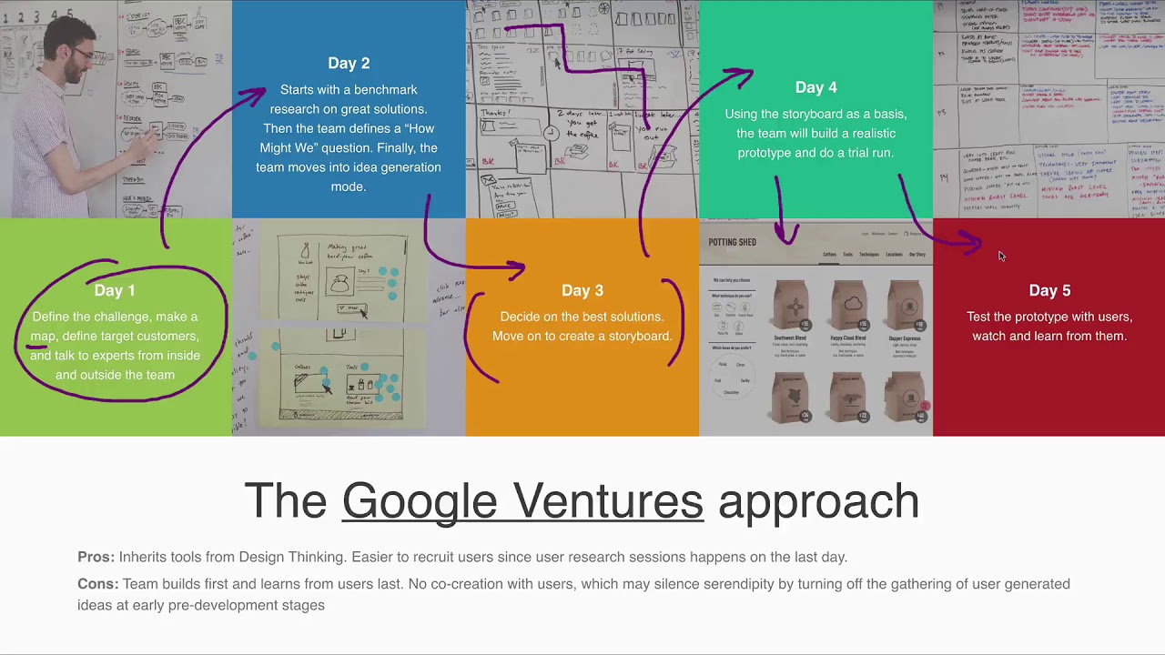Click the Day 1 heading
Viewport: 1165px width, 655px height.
point(115,290)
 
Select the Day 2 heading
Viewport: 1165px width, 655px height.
point(349,63)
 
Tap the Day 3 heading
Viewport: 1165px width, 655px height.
point(582,290)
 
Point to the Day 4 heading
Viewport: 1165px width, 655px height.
point(815,87)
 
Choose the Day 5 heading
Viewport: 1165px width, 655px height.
point(1049,290)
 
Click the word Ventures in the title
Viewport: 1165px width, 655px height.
point(608,501)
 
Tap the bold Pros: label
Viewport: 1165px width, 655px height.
point(96,557)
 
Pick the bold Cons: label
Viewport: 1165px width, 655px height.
point(97,584)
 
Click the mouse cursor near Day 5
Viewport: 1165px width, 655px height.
point(1000,256)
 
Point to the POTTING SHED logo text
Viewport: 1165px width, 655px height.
point(732,242)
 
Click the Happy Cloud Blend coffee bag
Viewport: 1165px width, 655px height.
point(848,306)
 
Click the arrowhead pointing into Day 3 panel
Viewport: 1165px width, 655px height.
point(518,268)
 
